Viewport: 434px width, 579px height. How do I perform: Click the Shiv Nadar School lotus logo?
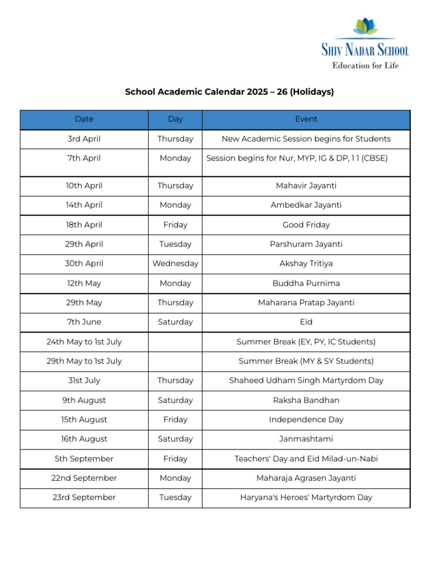point(366,27)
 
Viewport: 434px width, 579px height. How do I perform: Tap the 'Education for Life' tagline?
point(365,66)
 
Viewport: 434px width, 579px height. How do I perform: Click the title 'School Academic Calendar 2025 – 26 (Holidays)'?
point(229,92)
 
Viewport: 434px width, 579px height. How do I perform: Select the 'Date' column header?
point(84,119)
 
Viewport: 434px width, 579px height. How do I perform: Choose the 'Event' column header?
point(306,119)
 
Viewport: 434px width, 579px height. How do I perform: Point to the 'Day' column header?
point(175,119)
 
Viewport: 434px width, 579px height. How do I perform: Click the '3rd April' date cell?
point(84,139)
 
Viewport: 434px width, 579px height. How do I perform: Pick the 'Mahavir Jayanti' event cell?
point(306,186)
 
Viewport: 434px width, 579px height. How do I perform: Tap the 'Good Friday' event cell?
point(306,225)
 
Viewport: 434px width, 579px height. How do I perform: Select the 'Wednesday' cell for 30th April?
point(175,264)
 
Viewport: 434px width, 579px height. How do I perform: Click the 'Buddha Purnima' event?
point(306,283)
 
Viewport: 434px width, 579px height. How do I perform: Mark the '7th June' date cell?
point(84,322)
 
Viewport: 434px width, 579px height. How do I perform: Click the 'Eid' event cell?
point(306,322)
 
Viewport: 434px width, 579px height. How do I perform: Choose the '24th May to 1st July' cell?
point(84,342)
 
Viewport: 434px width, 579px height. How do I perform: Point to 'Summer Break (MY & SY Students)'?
point(306,361)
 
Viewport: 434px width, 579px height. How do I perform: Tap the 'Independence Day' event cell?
point(306,420)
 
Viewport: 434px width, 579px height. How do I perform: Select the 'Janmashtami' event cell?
point(306,439)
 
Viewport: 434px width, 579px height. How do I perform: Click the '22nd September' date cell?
point(84,478)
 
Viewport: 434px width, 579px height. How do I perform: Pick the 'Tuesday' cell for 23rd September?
point(175,498)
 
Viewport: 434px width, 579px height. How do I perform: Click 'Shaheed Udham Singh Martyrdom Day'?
point(306,381)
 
